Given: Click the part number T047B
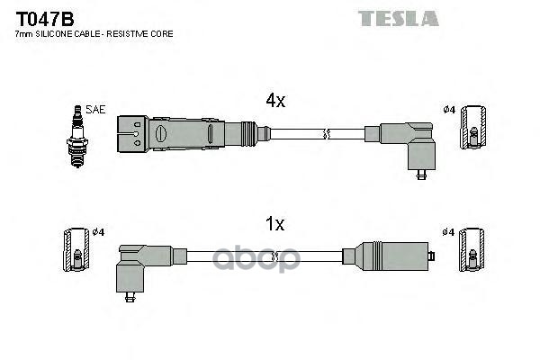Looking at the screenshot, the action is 45,19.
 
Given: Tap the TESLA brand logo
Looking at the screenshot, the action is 398,19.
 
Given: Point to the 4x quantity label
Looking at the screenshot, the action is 275,100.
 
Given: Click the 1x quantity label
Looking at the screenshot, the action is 274,224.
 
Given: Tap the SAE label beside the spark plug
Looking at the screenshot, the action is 95,110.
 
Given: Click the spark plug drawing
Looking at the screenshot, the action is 77,137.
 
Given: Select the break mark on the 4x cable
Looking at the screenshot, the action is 327,134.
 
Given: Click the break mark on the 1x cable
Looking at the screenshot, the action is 274,256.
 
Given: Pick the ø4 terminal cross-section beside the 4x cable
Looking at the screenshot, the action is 474,128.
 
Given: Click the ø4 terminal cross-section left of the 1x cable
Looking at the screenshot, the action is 76,250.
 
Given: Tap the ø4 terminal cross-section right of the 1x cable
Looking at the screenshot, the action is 472,250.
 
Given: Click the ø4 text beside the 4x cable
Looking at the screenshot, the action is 449,110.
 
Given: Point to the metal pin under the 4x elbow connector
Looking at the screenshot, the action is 421,175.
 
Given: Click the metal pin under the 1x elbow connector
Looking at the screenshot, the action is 130,297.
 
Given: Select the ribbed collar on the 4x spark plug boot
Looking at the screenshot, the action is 248,134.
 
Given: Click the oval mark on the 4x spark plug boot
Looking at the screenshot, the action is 160,134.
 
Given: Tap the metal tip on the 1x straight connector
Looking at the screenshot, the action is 431,256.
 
